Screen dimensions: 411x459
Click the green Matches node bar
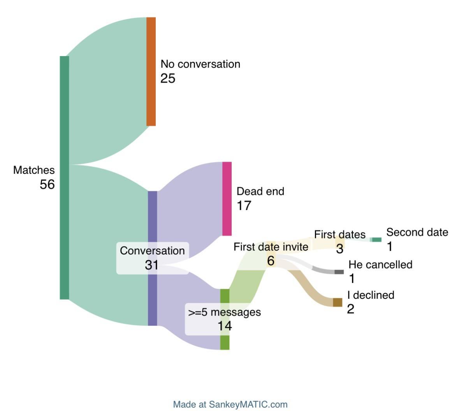(64, 177)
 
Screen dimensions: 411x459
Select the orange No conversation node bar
(151, 71)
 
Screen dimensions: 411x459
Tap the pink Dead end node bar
(227, 198)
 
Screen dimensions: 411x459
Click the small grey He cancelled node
(339, 272)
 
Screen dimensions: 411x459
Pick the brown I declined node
(338, 302)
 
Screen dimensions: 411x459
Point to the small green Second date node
(376, 240)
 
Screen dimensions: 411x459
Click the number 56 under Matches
(47, 184)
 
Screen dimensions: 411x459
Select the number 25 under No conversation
(168, 78)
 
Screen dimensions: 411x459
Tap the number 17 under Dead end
(244, 205)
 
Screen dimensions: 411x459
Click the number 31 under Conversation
(151, 265)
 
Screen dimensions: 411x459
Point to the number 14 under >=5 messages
(225, 326)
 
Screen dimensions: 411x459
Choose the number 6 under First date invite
(271, 261)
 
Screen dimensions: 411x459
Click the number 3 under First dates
(339, 249)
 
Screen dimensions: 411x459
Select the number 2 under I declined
(350, 309)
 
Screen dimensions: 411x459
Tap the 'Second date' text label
(417, 232)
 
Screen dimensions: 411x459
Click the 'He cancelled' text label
(380, 265)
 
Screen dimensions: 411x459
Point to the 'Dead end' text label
(260, 191)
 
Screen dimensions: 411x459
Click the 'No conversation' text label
(200, 64)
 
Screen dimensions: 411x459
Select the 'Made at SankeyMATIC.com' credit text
(230, 404)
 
